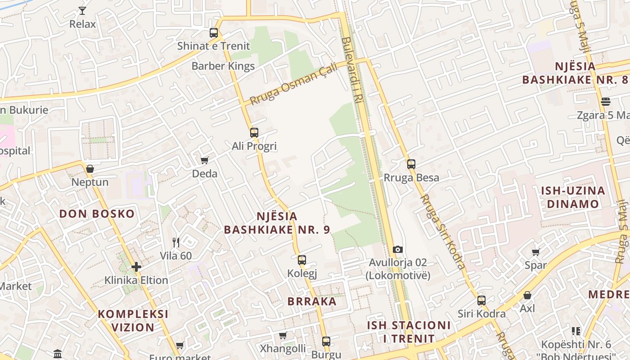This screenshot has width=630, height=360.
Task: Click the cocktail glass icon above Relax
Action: click(82, 10)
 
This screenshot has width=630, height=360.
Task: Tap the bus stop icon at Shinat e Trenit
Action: click(214, 33)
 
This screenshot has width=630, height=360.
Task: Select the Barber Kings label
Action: click(223, 66)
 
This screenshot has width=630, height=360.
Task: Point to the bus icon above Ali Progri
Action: click(254, 133)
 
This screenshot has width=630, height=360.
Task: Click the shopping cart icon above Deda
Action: click(205, 161)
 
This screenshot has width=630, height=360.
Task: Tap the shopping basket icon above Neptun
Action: click(90, 169)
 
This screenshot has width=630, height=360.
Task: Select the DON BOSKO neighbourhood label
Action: click(97, 214)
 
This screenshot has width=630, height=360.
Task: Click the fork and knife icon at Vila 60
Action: click(176, 243)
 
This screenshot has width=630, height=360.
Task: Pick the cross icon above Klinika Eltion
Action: click(136, 267)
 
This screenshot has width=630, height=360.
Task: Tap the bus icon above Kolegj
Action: click(302, 260)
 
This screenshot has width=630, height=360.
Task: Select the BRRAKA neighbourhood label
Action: click(312, 301)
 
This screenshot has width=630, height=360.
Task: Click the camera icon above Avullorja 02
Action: click(398, 250)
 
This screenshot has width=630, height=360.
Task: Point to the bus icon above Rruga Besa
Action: click(411, 164)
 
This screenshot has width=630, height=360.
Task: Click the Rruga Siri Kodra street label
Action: click(443, 231)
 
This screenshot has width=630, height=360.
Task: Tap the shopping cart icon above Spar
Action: click(535, 252)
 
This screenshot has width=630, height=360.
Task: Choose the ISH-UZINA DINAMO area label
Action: click(573, 197)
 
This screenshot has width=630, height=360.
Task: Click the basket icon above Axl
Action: click(527, 296)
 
